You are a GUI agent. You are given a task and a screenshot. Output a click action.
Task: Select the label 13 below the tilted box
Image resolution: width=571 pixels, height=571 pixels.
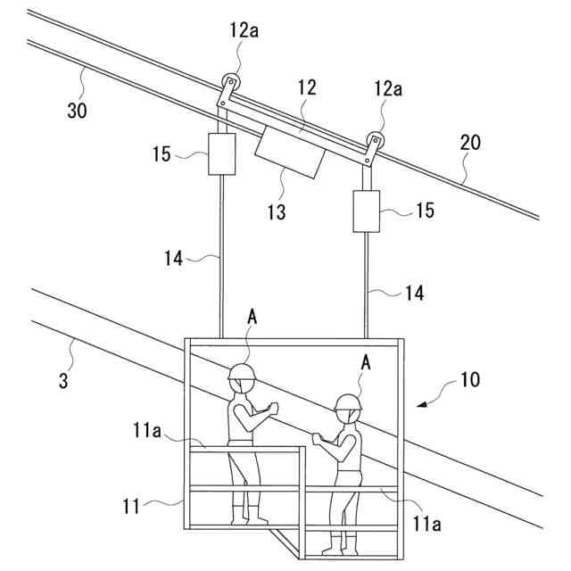click(x=277, y=211)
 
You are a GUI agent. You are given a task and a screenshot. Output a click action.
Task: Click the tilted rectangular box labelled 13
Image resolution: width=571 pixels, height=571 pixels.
click(x=289, y=151)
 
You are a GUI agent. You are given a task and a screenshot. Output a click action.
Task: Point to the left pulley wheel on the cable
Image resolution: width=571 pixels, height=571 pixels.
click(x=230, y=81)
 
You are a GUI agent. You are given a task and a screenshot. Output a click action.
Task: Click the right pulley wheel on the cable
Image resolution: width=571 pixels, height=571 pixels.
click(x=376, y=141)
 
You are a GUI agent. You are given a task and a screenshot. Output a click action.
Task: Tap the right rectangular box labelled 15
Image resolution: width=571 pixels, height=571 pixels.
click(x=367, y=211)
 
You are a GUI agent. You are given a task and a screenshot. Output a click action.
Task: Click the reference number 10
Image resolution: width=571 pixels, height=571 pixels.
click(x=469, y=379)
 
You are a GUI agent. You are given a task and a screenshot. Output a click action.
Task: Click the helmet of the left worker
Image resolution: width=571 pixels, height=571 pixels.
click(x=242, y=372)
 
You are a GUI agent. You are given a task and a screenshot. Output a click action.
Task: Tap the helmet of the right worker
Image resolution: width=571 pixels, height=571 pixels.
click(x=348, y=401)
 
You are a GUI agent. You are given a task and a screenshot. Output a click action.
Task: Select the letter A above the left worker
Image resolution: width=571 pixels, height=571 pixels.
click(x=252, y=317)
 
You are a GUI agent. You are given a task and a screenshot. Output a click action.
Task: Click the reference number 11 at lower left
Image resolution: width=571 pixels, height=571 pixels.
click(x=131, y=507)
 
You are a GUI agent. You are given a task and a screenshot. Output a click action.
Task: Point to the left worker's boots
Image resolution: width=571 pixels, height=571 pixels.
click(x=248, y=516)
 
